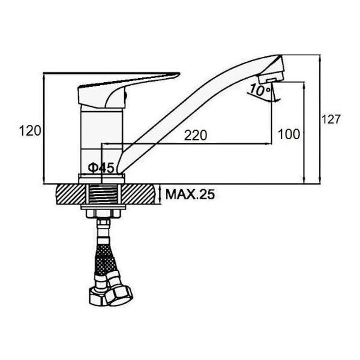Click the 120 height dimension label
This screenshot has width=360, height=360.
[x=30, y=131]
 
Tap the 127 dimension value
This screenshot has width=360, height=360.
[x=331, y=119]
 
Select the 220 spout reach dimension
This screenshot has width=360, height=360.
[x=196, y=135]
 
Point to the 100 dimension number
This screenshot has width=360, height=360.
[x=289, y=134]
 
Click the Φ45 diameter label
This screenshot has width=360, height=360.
[x=101, y=168]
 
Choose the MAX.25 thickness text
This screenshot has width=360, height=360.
[x=190, y=194]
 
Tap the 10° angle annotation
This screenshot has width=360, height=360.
[x=260, y=90]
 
